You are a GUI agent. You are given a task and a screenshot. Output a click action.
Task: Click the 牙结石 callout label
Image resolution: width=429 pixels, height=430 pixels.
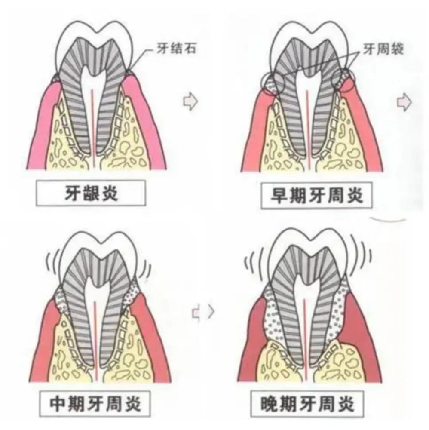coord(176,49)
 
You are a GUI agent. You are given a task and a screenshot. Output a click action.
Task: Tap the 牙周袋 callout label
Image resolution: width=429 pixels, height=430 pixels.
coord(383,49)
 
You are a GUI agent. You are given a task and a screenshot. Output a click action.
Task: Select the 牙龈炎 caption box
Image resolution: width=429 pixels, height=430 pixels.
coord(91,193)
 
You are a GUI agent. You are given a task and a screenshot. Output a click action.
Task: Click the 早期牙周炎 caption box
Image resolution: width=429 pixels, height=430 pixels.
coord(317,196)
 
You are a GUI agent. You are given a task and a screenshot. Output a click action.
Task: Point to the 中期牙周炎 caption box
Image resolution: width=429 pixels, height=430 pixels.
coord(95,403)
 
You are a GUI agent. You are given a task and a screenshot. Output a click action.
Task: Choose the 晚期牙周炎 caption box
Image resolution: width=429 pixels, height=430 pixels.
coord(307,404)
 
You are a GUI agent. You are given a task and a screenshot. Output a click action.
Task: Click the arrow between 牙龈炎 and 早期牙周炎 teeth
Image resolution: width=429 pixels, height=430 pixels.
coord(190,101)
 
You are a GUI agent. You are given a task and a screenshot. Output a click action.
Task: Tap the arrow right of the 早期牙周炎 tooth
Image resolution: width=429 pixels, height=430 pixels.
coord(404,102)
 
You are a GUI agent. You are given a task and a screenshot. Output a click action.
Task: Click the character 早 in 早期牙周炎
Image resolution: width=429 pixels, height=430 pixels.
coord(279,196)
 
